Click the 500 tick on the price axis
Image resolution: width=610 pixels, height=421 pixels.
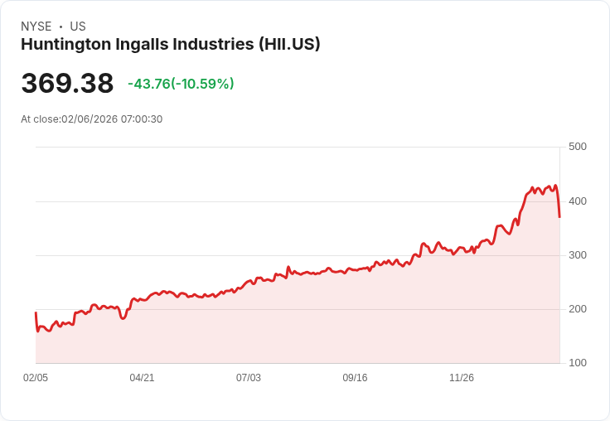tap(578, 147)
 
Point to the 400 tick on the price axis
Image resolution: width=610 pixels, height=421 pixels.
tap(578, 201)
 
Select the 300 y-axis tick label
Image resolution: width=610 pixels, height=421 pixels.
tap(578, 255)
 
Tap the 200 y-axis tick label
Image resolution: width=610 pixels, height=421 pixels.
tap(578, 309)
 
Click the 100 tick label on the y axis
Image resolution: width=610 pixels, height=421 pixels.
tap(578, 363)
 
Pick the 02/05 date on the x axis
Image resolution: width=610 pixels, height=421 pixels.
tap(36, 378)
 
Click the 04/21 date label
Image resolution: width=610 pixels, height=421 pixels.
tap(142, 378)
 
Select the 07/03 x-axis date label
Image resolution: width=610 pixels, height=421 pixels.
tap(249, 378)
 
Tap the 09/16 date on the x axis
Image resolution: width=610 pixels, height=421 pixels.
tap(355, 378)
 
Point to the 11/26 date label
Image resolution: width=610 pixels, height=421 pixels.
tap(462, 378)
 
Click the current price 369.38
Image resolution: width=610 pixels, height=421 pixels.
tap(67, 83)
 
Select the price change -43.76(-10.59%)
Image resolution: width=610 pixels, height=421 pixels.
tap(181, 84)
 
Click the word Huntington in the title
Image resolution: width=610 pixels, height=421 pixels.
tap(66, 45)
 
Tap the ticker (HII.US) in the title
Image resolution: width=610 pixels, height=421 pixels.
tap(289, 44)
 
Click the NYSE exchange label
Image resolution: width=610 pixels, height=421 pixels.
tap(36, 27)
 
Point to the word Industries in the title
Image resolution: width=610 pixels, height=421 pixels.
tap(213, 44)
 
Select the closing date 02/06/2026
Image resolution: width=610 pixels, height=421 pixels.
tap(90, 119)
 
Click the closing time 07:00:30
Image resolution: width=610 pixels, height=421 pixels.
tap(142, 119)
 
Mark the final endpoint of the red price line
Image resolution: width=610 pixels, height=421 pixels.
tap(559, 217)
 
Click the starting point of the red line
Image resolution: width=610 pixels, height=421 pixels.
tap(36, 312)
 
